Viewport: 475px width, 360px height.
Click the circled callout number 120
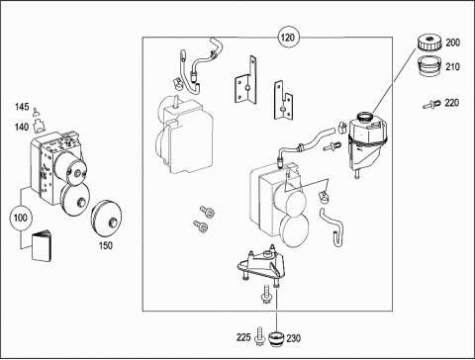pyautogui.click(x=288, y=38)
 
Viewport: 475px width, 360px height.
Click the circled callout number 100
pyautogui.click(x=21, y=218)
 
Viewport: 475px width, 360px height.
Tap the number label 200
pyautogui.click(x=452, y=43)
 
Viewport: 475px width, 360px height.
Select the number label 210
pyautogui.click(x=452, y=67)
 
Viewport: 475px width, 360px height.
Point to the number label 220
pyautogui.click(x=452, y=103)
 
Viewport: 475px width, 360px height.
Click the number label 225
pyautogui.click(x=243, y=337)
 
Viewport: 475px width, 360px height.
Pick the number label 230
pyautogui.click(x=293, y=338)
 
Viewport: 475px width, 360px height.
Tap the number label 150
pyautogui.click(x=106, y=245)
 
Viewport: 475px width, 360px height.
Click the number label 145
pyautogui.click(x=22, y=107)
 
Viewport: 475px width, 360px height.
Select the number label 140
pyautogui.click(x=22, y=127)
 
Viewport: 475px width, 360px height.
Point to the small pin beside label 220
pyautogui.click(x=431, y=104)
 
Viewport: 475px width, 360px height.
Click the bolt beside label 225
pyautogui.click(x=260, y=336)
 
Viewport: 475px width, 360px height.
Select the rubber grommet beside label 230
pyautogui.click(x=276, y=339)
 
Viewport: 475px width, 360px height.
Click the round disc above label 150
pyautogui.click(x=106, y=219)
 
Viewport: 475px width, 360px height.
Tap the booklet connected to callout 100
pyautogui.click(x=42, y=246)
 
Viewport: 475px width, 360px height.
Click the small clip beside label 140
pyautogui.click(x=39, y=126)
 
